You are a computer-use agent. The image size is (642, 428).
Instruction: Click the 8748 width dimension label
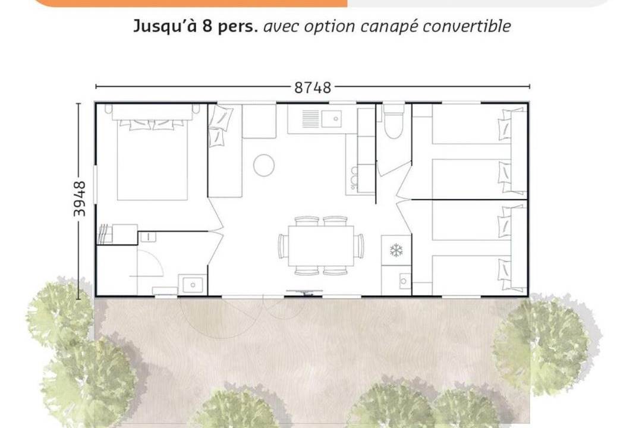pos(313,87)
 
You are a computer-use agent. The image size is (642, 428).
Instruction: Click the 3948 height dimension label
pos(80,199)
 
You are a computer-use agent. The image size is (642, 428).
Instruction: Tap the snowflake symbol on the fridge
pos(396,250)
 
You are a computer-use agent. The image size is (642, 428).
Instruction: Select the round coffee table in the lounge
pos(264,165)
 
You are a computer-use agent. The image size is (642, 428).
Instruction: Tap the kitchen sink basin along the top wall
pos(332,118)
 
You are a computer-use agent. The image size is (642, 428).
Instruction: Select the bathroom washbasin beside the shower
pos(193,284)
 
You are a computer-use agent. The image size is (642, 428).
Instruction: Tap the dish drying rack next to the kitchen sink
pos(310,118)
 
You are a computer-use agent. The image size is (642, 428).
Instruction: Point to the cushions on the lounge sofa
pos(219,125)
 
